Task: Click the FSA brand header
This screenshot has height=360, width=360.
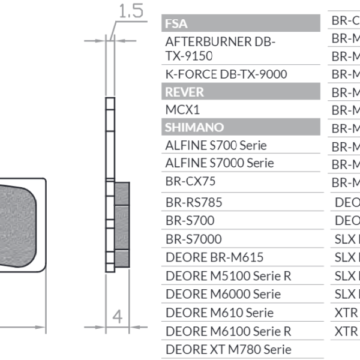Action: pyautogui.click(x=175, y=24)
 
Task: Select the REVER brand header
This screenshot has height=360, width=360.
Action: pyautogui.click(x=184, y=92)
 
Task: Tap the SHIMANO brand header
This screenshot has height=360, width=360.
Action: pyautogui.click(x=194, y=127)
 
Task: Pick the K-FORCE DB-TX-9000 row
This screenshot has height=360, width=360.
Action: pyautogui.click(x=226, y=74)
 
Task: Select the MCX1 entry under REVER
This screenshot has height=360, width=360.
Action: pyautogui.click(x=182, y=110)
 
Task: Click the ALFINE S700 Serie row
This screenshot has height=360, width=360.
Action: pyautogui.click(x=215, y=145)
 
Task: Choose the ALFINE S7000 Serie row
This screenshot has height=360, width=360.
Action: pyautogui.click(x=219, y=163)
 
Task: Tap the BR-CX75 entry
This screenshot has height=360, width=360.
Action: pyautogui.click(x=190, y=181)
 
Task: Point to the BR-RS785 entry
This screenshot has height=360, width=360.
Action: pyautogui.click(x=193, y=203)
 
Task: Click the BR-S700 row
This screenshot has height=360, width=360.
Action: pyautogui.click(x=190, y=221)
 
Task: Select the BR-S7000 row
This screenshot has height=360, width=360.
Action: pyautogui.click(x=193, y=239)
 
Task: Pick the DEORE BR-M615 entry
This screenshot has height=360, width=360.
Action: pyautogui.click(x=214, y=257)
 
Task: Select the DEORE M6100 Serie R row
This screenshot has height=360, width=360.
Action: pyautogui.click(x=228, y=331)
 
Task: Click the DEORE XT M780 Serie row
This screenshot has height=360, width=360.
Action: pyautogui.click(x=228, y=349)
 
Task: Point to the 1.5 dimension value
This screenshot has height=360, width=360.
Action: pyautogui.click(x=130, y=10)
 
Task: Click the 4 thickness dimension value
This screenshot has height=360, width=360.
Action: pyautogui.click(x=118, y=316)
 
